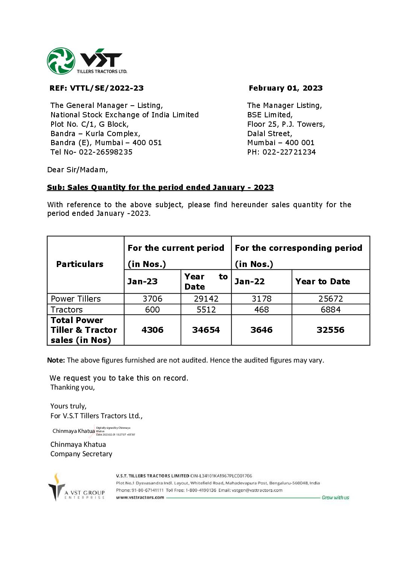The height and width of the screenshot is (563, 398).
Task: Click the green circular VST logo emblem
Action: [x=61, y=61]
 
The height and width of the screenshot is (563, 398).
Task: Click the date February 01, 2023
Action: [x=286, y=88]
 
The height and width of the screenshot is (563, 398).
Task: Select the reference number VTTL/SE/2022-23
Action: [x=107, y=88]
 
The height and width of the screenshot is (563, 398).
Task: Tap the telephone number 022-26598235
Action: [x=106, y=152]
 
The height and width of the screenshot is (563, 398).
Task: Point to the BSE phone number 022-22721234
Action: [x=289, y=152]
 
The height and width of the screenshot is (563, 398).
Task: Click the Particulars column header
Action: [x=80, y=264]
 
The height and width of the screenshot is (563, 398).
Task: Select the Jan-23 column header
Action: [x=142, y=281]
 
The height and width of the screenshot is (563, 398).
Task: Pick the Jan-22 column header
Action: [x=249, y=281]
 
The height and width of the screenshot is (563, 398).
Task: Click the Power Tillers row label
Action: [x=76, y=299]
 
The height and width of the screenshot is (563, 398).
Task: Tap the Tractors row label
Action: [x=67, y=310]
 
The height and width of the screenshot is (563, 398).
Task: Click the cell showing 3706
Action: [x=152, y=299]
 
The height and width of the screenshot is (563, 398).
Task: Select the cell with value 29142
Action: [x=206, y=299]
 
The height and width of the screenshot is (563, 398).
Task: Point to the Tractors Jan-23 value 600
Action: [x=152, y=310]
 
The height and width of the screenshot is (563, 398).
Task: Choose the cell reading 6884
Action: [x=331, y=310]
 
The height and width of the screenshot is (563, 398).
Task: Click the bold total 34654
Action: [x=206, y=330]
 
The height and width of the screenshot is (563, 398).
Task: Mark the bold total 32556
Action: [x=331, y=330]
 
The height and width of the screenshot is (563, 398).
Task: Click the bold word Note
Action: [x=56, y=360]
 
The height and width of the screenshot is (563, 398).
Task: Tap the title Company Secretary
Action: [x=81, y=454]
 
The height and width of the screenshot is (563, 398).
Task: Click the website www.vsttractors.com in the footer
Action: [x=140, y=497]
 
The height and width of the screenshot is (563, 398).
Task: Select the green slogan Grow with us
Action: [x=335, y=498]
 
